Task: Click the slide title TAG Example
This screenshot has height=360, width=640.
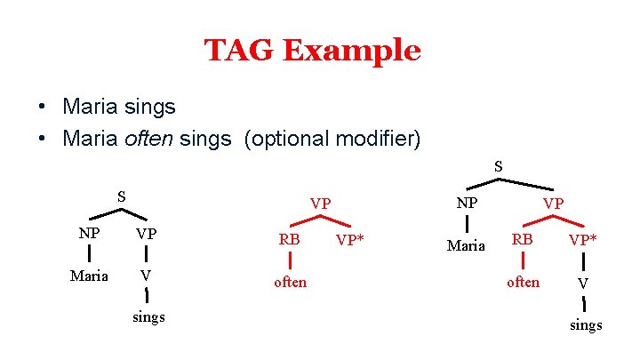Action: pos(312,51)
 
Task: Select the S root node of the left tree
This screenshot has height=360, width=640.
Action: pos(123,196)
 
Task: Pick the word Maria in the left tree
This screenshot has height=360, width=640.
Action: pos(90,276)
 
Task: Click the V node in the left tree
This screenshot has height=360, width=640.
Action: pos(145,276)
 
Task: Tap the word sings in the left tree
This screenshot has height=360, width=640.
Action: pos(148,317)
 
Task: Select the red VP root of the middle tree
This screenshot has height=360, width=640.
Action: pos(321,204)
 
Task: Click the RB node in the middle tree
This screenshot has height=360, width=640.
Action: pos(290,240)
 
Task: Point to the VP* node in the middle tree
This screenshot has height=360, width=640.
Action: pos(352,241)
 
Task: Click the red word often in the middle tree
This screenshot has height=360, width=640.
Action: pos(291,282)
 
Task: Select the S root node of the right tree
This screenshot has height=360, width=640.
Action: pos(499,165)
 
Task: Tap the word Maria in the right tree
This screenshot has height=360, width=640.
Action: pos(467,245)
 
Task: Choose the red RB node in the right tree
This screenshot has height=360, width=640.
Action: pos(522,240)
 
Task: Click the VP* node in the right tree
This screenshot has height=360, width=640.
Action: pos(583,241)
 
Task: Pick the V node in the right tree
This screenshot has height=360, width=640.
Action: pos(583,283)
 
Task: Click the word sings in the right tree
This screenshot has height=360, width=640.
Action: pos(586,324)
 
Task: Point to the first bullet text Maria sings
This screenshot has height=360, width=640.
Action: pos(119,107)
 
